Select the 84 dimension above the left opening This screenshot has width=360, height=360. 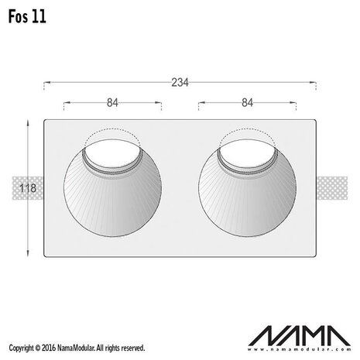pyautogui.click(x=112, y=101)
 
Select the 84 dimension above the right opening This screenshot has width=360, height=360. pyautogui.click(x=248, y=101)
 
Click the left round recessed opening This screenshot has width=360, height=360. pyautogui.click(x=112, y=194)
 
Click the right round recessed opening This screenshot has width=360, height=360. pyautogui.click(x=248, y=194)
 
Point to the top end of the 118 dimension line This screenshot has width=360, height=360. pyautogui.click(x=29, y=121)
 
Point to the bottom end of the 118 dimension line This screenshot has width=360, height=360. pyautogui.click(x=29, y=256)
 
